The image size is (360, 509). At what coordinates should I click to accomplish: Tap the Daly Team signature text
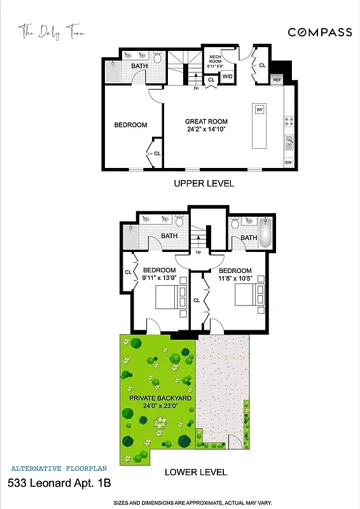[x=52, y=31]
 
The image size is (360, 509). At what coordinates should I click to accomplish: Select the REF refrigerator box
[x=277, y=80]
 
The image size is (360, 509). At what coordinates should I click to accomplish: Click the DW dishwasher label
[x=288, y=163]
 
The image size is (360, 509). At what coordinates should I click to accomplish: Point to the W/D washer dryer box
[x=227, y=77]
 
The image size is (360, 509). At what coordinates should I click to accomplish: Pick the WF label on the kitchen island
[x=260, y=110]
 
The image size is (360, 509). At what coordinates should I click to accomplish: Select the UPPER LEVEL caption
[x=204, y=183]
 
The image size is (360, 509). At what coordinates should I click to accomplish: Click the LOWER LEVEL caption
[x=196, y=472]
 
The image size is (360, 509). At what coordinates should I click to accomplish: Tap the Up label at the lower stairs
[x=198, y=252]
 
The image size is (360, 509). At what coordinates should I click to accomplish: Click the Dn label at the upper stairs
[x=197, y=88]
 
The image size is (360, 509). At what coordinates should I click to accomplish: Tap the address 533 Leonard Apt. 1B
[x=59, y=484]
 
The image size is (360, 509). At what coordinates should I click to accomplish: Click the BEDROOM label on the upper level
[x=130, y=125]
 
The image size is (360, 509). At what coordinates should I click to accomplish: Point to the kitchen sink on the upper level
[x=288, y=140]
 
